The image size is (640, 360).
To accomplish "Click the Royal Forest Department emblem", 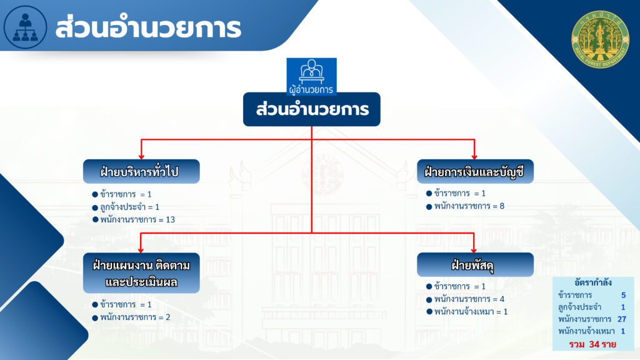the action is coord(600,39).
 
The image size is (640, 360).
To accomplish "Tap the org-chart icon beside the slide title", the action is coord(25,27).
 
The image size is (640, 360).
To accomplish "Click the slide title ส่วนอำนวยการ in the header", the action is coord(148,27).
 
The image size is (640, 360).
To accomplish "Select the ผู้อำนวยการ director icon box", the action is coord(311,76).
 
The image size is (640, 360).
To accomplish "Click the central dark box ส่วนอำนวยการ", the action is coord(312,109).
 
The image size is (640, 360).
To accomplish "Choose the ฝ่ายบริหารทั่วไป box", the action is coord(141,171).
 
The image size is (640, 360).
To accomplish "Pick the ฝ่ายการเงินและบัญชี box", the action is coord(475,171).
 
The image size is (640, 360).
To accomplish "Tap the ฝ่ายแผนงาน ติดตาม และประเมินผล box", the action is coord(141,273).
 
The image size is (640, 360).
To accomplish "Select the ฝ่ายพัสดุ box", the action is coord(475,265).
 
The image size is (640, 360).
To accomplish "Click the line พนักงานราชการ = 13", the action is coord(134,219).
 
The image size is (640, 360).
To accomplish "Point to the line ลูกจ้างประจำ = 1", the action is coord(126,207).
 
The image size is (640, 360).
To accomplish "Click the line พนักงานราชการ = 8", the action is coord(465,206).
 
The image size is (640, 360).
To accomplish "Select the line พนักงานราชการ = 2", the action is coord(131,317).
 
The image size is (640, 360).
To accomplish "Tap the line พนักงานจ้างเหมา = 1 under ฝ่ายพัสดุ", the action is coord(467,312).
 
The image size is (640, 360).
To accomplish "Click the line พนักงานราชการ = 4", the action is coord(465,299).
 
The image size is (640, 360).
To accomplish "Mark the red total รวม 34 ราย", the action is coord(592,344).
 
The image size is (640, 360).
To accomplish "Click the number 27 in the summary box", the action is coord(622,319).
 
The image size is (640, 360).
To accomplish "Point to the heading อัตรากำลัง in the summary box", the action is coord(593,282).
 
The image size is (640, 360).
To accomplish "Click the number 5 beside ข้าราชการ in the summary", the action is coord(623,295).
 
